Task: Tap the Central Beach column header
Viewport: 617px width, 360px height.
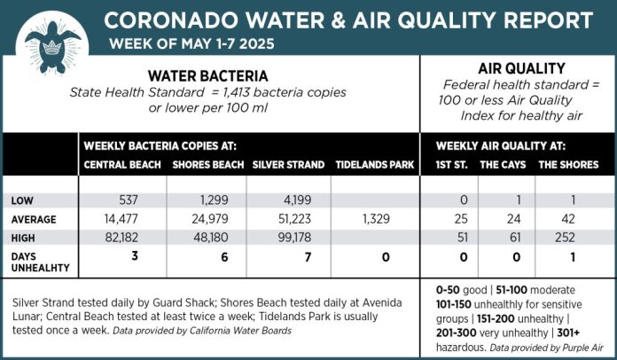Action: coord(122,165)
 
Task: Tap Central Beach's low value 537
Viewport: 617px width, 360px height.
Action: coord(130,200)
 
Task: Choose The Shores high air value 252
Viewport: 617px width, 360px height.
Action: coord(567,238)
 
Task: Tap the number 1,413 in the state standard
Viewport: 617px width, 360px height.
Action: coord(246,93)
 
